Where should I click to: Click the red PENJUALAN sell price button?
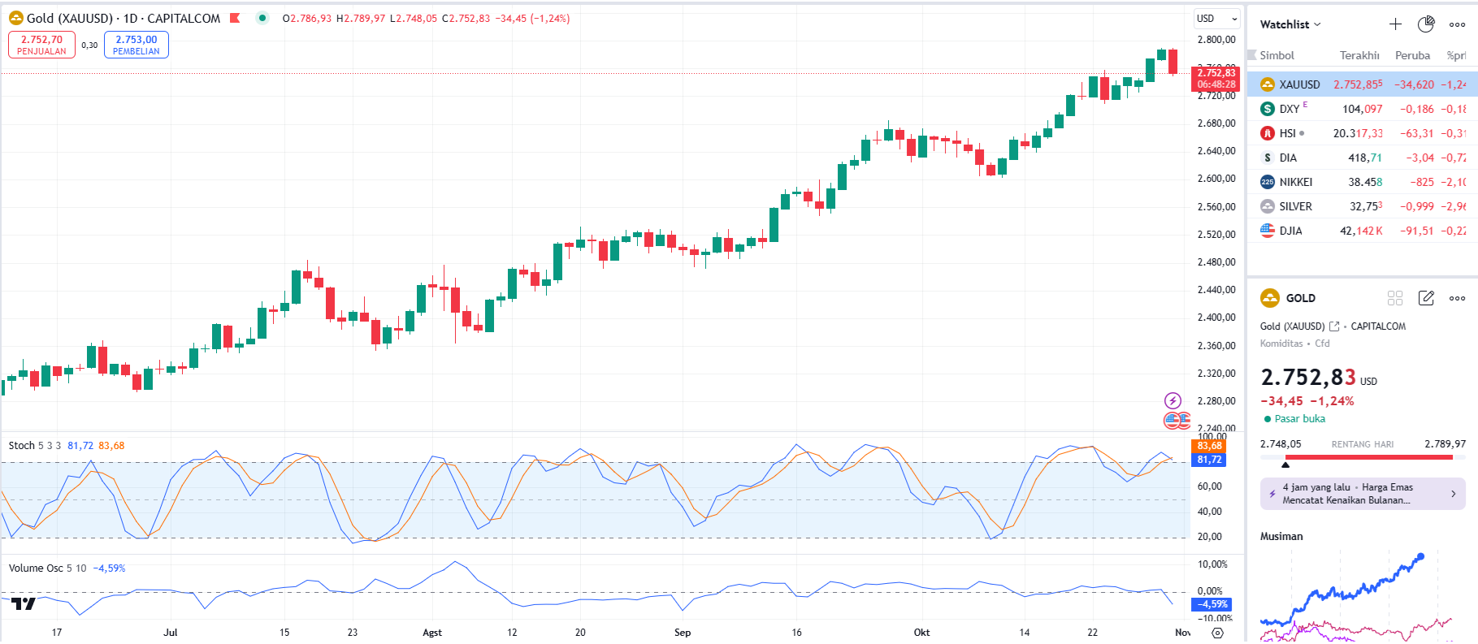41,45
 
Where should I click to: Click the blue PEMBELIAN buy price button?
136,45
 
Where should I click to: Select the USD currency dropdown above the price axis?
1216,19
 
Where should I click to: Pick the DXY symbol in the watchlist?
1289,109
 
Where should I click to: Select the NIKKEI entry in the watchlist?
1295,182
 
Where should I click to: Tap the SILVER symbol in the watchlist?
1295,206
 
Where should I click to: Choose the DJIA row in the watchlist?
1290,231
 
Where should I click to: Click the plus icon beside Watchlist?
1395,24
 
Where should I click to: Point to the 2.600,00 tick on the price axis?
1216,179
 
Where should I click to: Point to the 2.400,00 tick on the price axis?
1216,318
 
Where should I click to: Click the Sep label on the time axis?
683,633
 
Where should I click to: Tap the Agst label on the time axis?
432,633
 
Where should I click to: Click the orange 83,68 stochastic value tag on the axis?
1209,446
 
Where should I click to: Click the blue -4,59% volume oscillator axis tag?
1211,604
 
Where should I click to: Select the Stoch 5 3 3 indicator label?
34,446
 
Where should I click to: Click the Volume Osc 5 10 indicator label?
47,568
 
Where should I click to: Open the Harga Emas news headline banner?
1362,494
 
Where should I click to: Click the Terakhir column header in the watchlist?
1359,56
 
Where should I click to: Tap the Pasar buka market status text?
1299,419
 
